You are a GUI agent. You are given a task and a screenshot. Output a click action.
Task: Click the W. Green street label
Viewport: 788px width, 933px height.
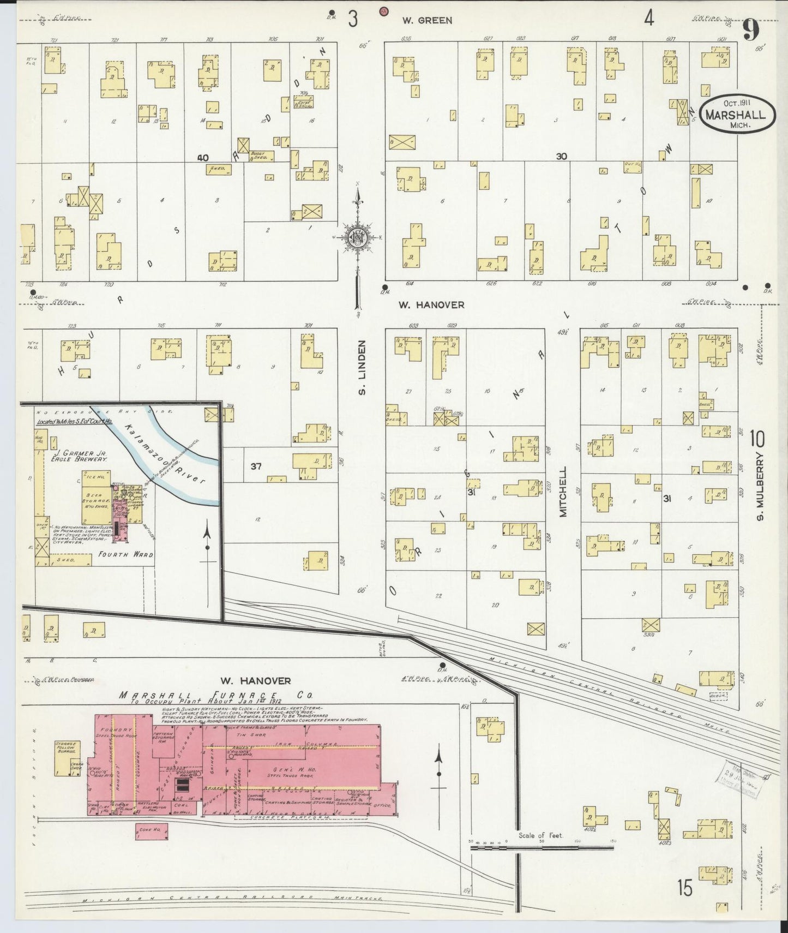(x=427, y=21)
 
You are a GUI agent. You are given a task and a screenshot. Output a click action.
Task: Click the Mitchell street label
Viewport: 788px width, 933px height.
(x=563, y=491)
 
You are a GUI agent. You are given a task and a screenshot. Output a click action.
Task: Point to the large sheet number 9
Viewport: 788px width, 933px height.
(x=750, y=31)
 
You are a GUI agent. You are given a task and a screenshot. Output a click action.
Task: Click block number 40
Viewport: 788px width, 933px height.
(x=203, y=158)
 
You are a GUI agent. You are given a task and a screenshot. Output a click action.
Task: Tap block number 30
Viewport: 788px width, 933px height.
(x=561, y=156)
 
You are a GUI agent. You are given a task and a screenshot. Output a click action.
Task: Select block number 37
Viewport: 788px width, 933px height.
(x=256, y=466)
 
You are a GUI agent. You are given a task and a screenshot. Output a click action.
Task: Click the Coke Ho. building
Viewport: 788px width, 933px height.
(x=151, y=831)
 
